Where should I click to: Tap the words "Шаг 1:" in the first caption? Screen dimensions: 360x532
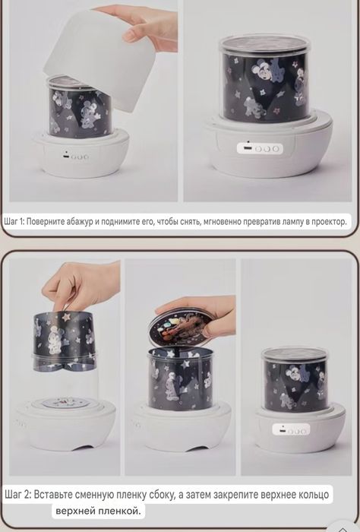(x=14, y=222)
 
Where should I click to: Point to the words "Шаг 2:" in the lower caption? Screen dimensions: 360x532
(x=18, y=494)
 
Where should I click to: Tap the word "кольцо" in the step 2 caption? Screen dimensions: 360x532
(x=314, y=495)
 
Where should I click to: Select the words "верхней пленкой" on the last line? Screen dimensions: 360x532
(x=98, y=511)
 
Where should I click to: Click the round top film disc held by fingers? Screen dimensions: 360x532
(x=182, y=328)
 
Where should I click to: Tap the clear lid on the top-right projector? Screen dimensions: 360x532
(x=265, y=43)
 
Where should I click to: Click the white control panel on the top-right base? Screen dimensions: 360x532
(x=260, y=148)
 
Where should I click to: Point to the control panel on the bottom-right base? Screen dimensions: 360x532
(x=291, y=430)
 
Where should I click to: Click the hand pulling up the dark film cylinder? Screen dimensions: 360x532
(x=81, y=287)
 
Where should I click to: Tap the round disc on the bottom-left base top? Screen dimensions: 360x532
(x=63, y=403)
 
